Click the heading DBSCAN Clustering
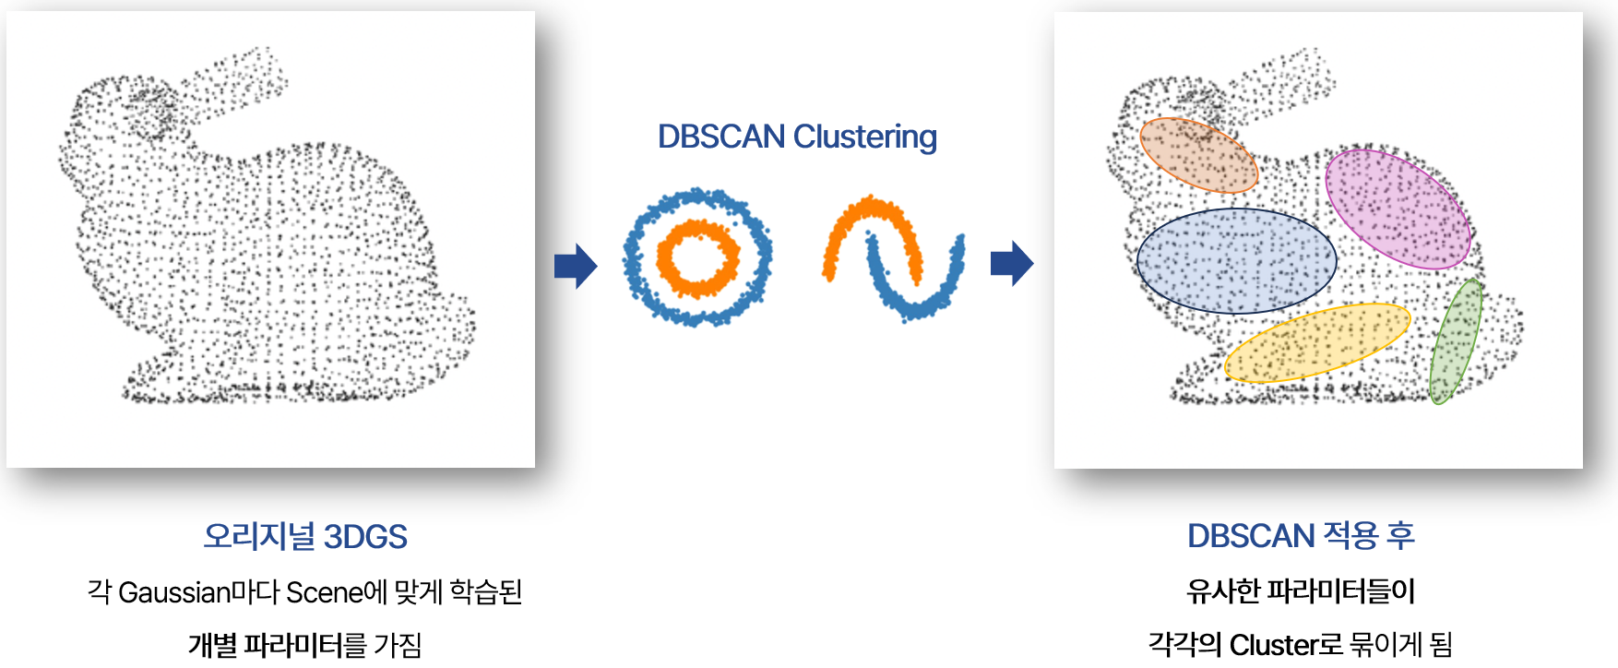797,137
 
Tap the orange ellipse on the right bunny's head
1198,154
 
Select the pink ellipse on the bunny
1398,209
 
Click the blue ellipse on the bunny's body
1236,261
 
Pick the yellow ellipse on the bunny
1317,342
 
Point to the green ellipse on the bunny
1456,341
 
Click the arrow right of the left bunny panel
576,267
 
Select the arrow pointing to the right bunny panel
1012,264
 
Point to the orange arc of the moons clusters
849,221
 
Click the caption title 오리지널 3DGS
305,537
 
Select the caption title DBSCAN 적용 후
1301,536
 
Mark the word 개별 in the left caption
212,644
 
